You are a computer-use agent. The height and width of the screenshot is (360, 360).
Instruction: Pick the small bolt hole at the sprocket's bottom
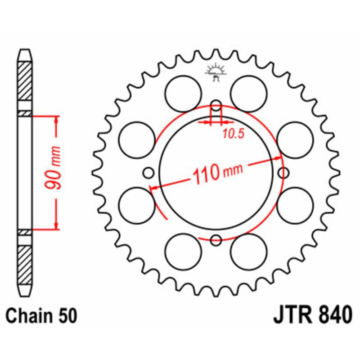[x=216, y=240]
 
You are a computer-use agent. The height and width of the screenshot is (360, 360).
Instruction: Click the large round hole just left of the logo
[x=183, y=93]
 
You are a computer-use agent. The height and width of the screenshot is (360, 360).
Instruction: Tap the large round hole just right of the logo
[x=249, y=93]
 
